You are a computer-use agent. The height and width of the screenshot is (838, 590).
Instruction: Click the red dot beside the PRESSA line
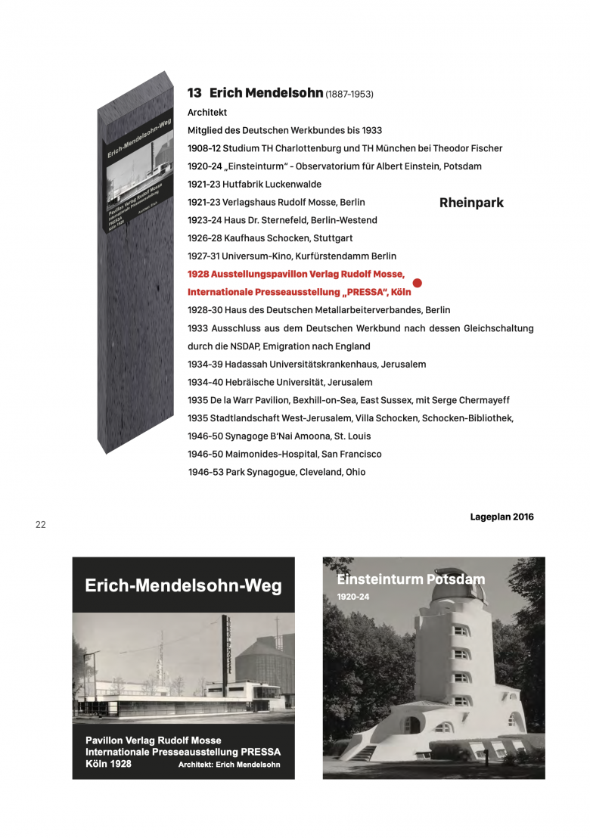point(417,283)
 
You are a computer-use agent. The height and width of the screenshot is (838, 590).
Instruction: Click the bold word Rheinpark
point(471,203)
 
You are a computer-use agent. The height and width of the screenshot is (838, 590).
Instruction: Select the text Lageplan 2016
point(501,517)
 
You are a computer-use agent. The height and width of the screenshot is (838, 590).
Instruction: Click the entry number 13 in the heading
point(194,93)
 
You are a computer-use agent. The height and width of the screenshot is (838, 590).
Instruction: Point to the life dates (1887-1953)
point(349,95)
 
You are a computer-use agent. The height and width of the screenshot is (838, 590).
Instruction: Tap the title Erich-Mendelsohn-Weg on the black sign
point(183,585)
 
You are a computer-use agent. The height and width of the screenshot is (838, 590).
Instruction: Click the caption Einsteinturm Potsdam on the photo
point(411,580)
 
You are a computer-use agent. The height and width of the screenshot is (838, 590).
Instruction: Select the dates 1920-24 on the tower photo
point(352,597)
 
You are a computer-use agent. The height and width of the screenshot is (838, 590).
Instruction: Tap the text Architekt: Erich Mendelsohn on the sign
point(229,765)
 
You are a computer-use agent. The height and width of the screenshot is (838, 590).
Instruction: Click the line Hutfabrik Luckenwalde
point(272,185)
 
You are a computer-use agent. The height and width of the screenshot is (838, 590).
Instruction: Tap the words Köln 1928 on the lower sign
point(108,764)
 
